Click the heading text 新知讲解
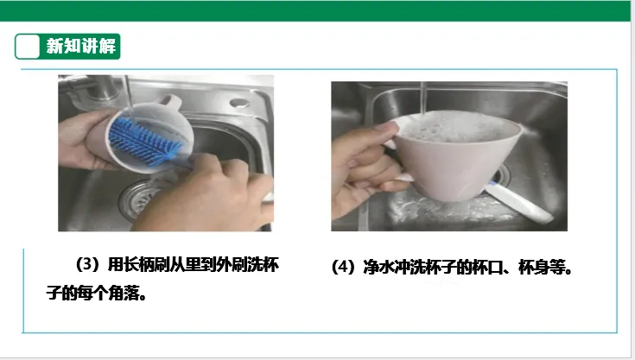81,46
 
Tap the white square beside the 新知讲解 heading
27,47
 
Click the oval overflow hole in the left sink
239,103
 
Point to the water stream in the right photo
423,97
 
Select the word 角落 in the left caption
124,293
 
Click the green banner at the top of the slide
315,11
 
